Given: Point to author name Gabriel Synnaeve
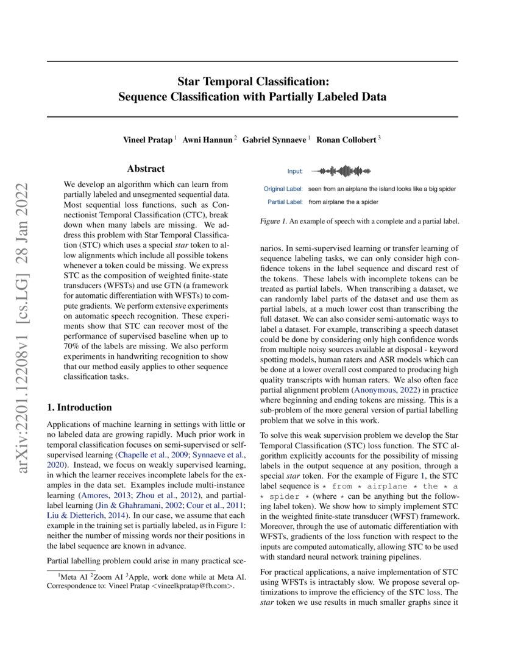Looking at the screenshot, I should click(275, 139).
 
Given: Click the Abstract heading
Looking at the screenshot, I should click(146, 169).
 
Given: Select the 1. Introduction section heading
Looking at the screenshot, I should click(79, 407).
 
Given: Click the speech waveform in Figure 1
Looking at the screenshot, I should click(341, 171).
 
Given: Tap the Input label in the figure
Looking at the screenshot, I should click(295, 172).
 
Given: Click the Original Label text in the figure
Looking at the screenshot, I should click(283, 189).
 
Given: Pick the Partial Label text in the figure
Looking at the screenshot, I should click(285, 202).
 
